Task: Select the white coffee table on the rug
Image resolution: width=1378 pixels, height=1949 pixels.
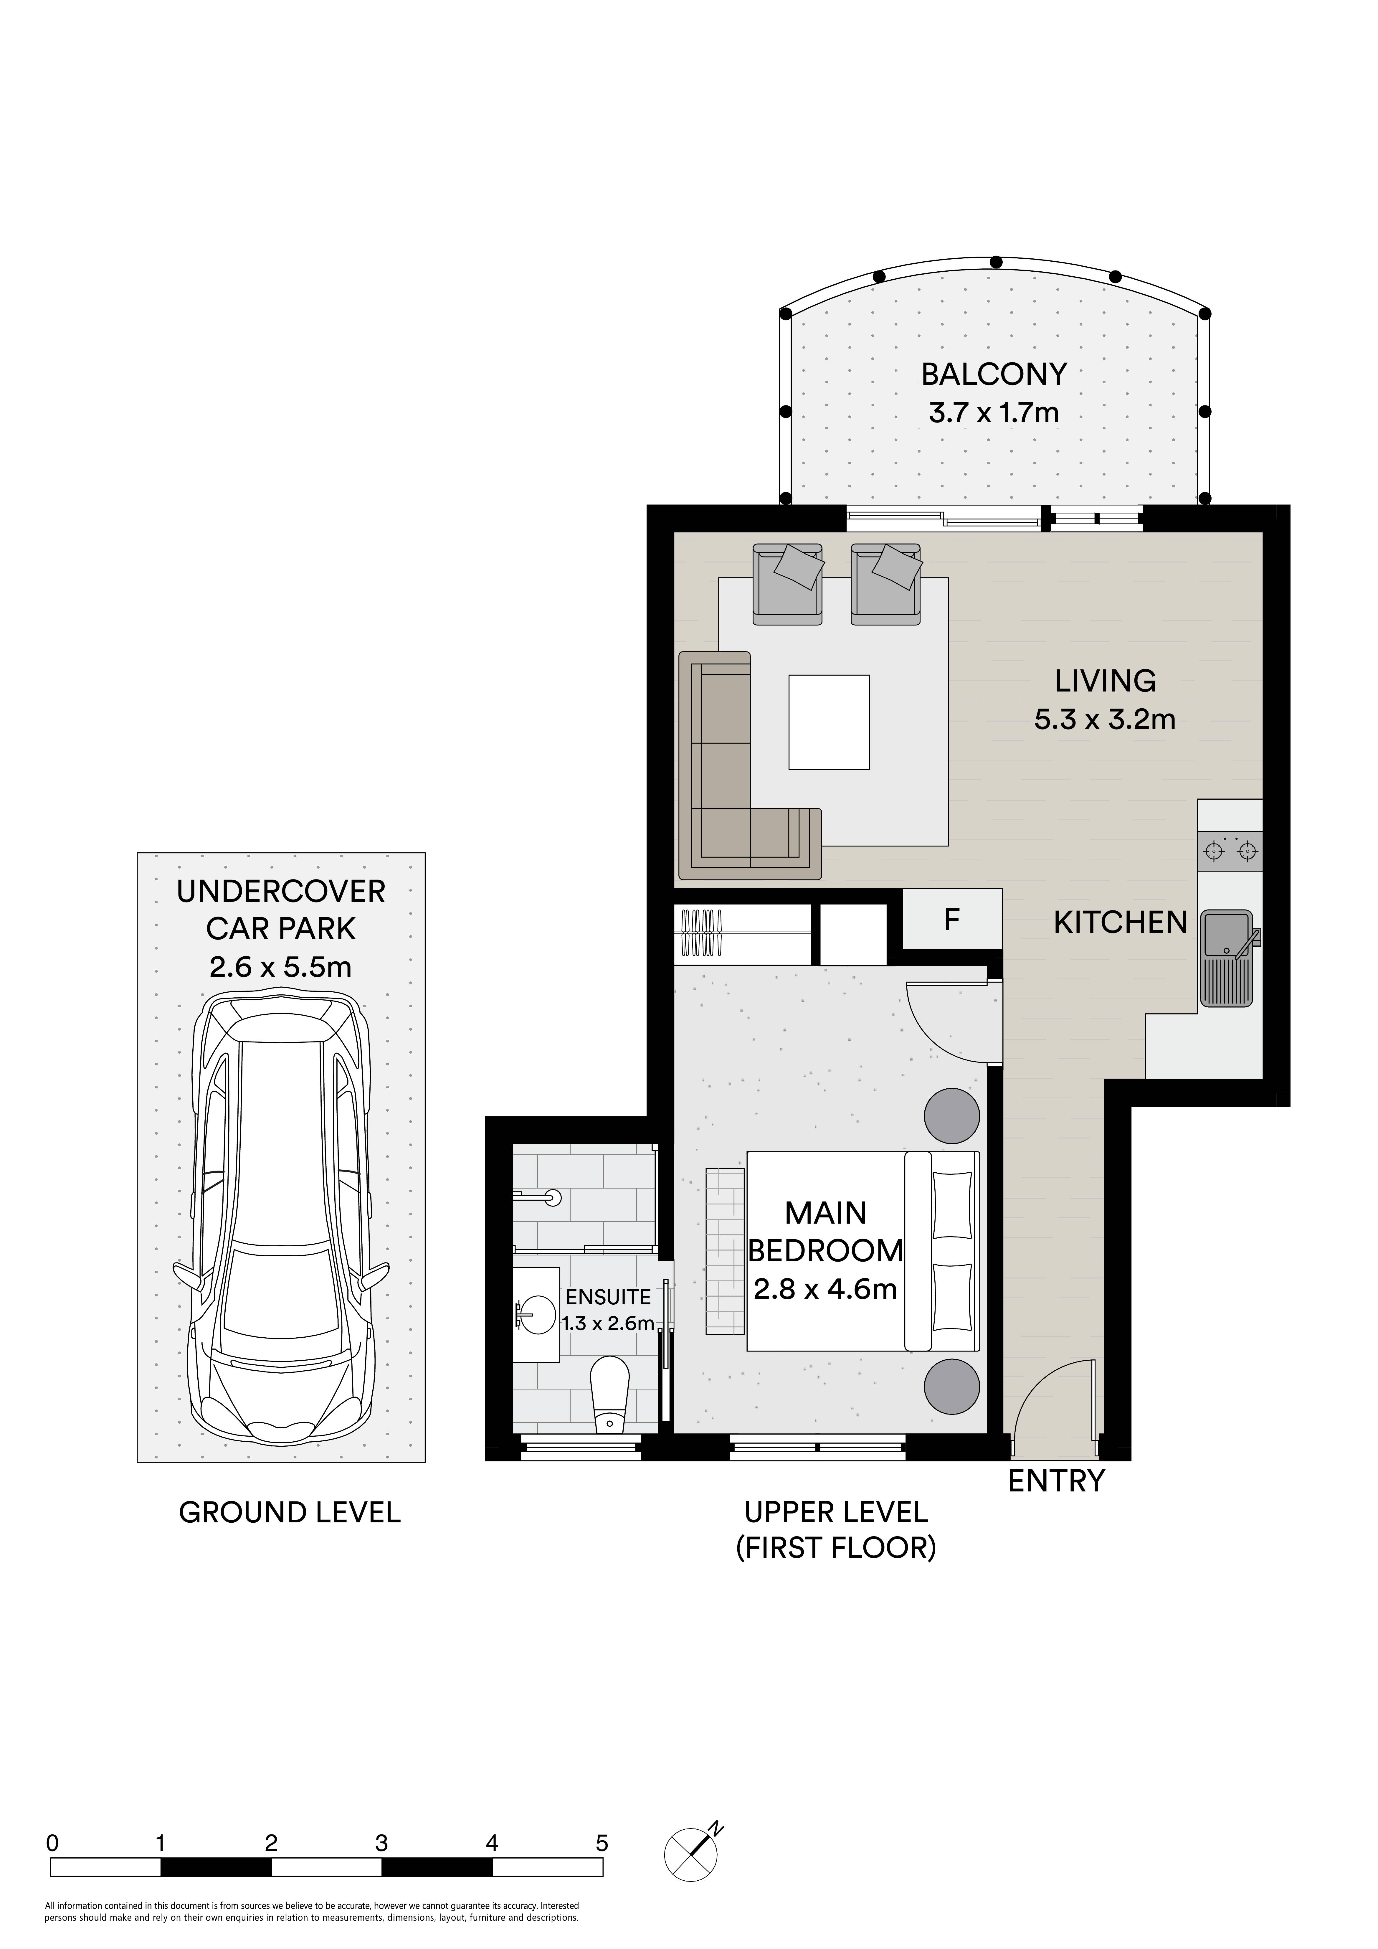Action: (x=829, y=722)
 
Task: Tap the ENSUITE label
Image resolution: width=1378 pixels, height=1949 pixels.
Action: (x=608, y=1298)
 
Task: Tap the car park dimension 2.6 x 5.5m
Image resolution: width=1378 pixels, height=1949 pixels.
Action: (x=280, y=967)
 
